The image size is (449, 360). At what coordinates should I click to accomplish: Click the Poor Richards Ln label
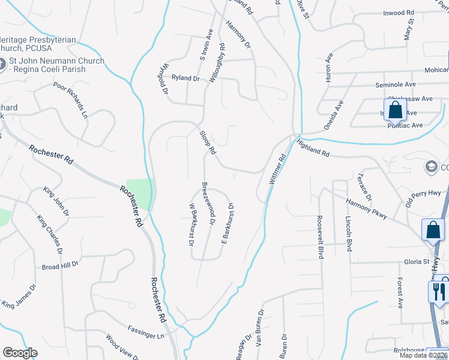[71, 99]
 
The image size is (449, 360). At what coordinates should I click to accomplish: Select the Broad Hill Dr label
[61, 265]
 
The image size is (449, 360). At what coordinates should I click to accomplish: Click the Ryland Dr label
[185, 78]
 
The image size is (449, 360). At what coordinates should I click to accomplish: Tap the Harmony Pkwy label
[366, 206]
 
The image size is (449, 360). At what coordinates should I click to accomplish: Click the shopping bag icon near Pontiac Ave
[395, 110]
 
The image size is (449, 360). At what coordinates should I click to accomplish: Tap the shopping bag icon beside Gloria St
[433, 230]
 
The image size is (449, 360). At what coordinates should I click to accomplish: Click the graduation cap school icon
[431, 166]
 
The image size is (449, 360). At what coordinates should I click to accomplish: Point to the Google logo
[20, 353]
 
